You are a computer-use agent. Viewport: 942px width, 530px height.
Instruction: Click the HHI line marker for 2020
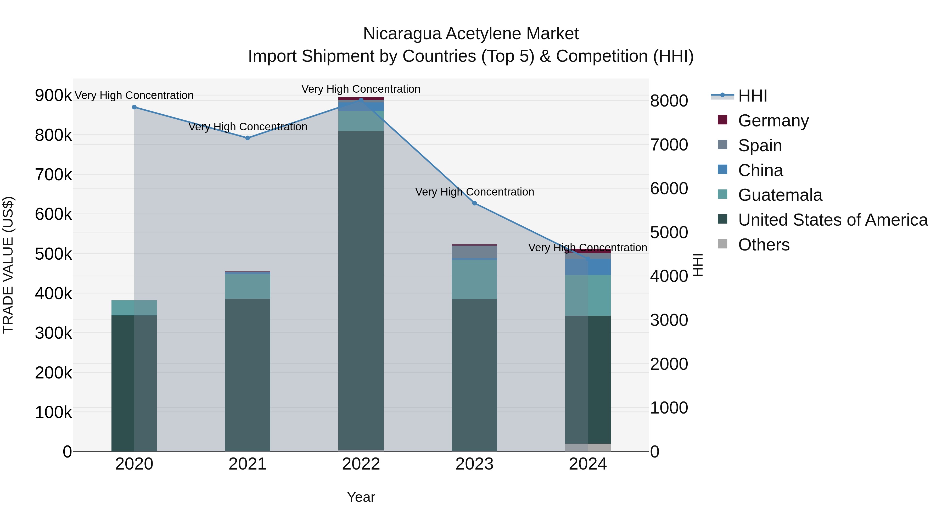coord(134,107)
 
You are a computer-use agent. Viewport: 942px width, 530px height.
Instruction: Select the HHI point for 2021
coord(248,138)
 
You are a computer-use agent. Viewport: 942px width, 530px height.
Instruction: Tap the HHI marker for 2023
coord(474,203)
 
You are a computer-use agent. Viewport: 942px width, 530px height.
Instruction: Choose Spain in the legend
coord(760,146)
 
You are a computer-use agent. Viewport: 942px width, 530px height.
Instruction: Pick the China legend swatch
coord(722,170)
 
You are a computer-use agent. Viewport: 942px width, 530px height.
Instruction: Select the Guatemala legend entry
coord(780,195)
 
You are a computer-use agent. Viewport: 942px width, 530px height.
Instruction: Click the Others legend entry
coord(764,245)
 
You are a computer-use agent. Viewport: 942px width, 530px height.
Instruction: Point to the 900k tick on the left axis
coord(53,96)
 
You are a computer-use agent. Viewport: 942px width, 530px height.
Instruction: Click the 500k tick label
coord(53,254)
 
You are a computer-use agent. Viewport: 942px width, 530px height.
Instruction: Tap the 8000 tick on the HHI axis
coord(669,101)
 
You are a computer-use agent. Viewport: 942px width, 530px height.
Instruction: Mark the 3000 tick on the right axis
coord(669,320)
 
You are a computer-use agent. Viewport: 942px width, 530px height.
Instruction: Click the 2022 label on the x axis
coord(361,464)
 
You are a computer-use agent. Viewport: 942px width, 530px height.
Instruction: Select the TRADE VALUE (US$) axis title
coord(8,265)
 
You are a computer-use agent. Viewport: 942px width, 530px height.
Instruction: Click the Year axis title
coord(361,497)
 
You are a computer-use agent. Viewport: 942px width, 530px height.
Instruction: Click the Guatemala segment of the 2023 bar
coord(474,279)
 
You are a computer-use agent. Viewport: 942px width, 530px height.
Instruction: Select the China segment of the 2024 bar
coord(588,267)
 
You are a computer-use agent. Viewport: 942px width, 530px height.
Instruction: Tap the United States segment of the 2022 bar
coord(361,289)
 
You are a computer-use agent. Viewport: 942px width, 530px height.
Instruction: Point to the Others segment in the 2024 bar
coord(588,447)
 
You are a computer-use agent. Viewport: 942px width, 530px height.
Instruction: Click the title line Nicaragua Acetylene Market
coord(471,34)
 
